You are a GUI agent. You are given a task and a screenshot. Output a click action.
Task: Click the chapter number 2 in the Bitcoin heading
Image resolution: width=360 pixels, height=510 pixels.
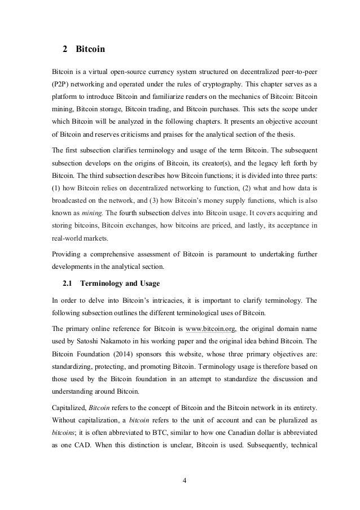(x=64, y=51)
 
